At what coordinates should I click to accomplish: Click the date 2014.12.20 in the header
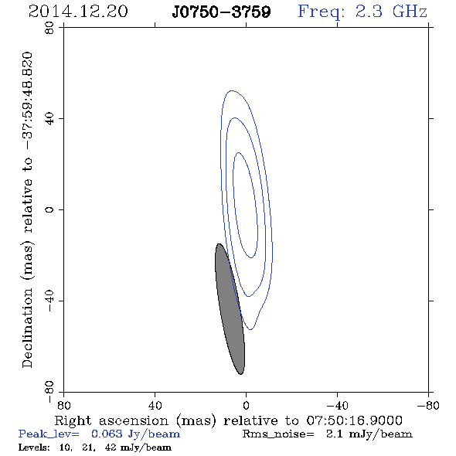[78, 12]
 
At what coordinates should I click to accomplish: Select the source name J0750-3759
[221, 12]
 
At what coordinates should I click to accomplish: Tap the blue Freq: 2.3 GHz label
[362, 12]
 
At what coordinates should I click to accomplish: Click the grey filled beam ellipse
[230, 309]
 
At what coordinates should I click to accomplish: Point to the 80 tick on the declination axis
[49, 28]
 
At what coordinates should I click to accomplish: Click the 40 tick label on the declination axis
[49, 119]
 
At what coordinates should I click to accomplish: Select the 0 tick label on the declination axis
[49, 209]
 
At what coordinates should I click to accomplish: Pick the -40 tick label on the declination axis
[49, 301]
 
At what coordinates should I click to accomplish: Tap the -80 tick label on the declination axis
[49, 392]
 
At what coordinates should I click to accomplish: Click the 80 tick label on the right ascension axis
[63, 406]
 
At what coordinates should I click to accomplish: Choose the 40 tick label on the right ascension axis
[155, 406]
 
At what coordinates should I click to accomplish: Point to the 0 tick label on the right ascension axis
[246, 406]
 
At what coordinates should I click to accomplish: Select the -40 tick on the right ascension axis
[337, 406]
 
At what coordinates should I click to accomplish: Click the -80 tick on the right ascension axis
[428, 406]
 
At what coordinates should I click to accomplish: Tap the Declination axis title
[27, 209]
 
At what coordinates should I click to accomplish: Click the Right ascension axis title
[229, 420]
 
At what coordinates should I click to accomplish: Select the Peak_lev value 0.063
[107, 434]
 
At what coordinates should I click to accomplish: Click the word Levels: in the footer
[34, 447]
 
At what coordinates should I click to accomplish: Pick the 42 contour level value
[111, 447]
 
